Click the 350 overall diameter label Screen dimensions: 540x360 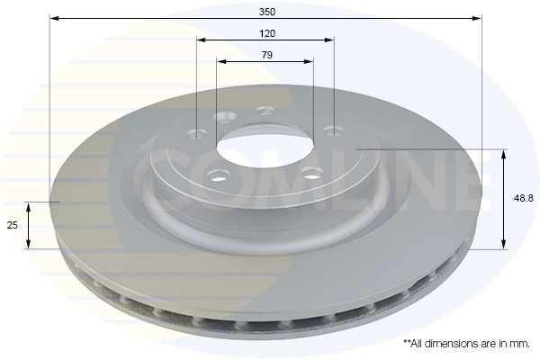point(267,12)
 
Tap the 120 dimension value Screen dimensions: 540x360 point(267,33)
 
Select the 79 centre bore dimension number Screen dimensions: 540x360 point(267,55)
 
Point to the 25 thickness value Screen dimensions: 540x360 point(13,225)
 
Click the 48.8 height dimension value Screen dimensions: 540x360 point(524,198)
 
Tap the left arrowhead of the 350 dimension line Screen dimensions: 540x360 point(54,18)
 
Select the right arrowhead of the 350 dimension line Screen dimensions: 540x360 point(477,18)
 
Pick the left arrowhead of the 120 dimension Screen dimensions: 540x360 point(202,40)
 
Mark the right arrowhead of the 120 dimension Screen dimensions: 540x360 point(329,40)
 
